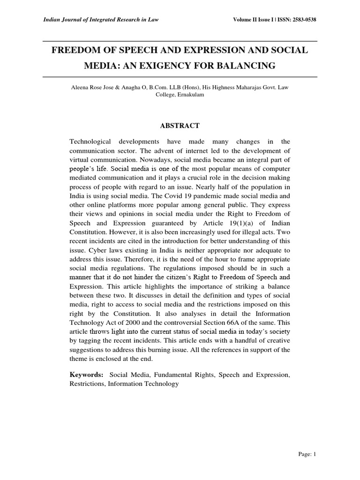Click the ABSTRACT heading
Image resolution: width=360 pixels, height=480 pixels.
(x=180, y=126)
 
